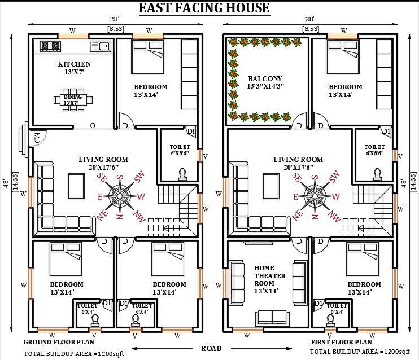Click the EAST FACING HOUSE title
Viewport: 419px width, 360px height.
204,8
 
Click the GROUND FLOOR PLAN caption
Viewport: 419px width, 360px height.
59,342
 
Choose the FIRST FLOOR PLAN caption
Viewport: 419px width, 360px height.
341,342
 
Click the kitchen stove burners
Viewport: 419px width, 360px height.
49,46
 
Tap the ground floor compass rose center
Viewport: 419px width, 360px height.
120,196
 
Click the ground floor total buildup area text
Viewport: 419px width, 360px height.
73,354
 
